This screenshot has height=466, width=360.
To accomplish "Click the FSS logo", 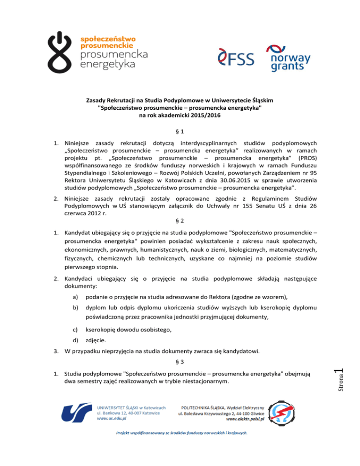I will pos(236,58).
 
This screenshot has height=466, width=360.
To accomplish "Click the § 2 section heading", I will pos(180,206).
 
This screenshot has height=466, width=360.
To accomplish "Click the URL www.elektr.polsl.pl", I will pos(246,420).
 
